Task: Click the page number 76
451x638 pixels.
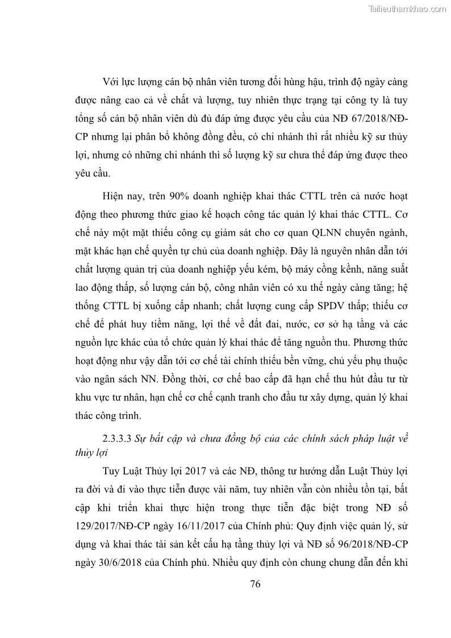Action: [255, 584]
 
